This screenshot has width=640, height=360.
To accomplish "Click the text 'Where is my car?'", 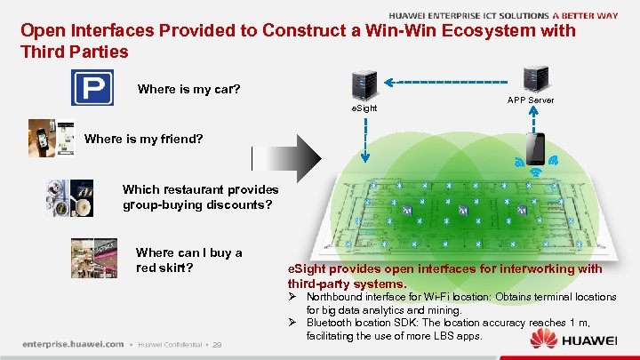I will pyautogui.click(x=188, y=90).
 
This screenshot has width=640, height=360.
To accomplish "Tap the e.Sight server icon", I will pyautogui.click(x=363, y=84).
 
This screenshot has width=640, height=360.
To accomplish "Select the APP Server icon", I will pyautogui.click(x=532, y=79).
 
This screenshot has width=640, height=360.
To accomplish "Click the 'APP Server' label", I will pyautogui.click(x=531, y=100).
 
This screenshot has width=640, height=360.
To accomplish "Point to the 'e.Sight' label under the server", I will pyautogui.click(x=363, y=108).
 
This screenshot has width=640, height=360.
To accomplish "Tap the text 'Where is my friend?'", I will pyautogui.click(x=143, y=140).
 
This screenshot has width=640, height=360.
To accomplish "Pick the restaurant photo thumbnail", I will pyautogui.click(x=68, y=198).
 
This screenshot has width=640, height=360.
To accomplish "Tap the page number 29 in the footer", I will pyautogui.click(x=217, y=344).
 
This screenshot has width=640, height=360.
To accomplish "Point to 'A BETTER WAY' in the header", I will pyautogui.click(x=586, y=15).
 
